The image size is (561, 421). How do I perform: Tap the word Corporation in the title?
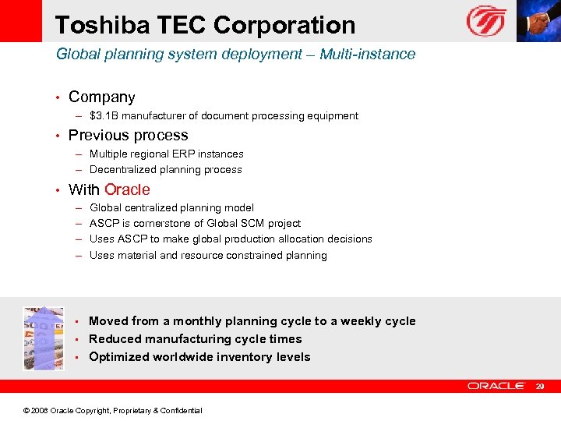click(284, 25)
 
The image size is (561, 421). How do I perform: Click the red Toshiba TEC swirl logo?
click(486, 21)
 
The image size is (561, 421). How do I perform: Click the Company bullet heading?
click(101, 97)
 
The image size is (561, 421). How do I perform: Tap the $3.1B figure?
click(105, 116)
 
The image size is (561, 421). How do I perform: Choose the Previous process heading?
click(128, 136)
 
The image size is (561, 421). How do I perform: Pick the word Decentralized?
click(124, 170)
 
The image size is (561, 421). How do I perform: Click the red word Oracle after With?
click(127, 189)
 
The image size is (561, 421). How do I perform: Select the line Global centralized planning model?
click(171, 208)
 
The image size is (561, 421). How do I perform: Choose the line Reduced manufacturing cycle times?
click(195, 339)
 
